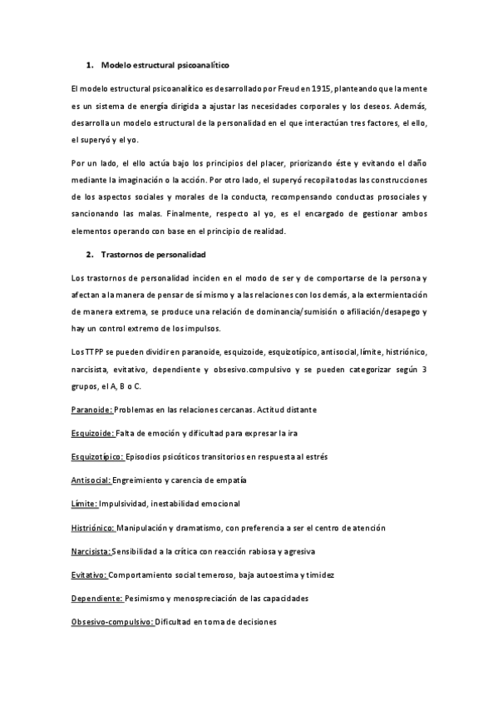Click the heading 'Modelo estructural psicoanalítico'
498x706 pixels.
[x=165, y=64]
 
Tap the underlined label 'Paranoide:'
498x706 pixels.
[x=91, y=410]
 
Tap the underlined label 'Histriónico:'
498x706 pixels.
[x=93, y=528]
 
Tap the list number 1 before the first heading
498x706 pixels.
[x=89, y=64]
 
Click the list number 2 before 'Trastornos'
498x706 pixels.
[x=89, y=253]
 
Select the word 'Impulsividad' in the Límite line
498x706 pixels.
[x=127, y=504]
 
